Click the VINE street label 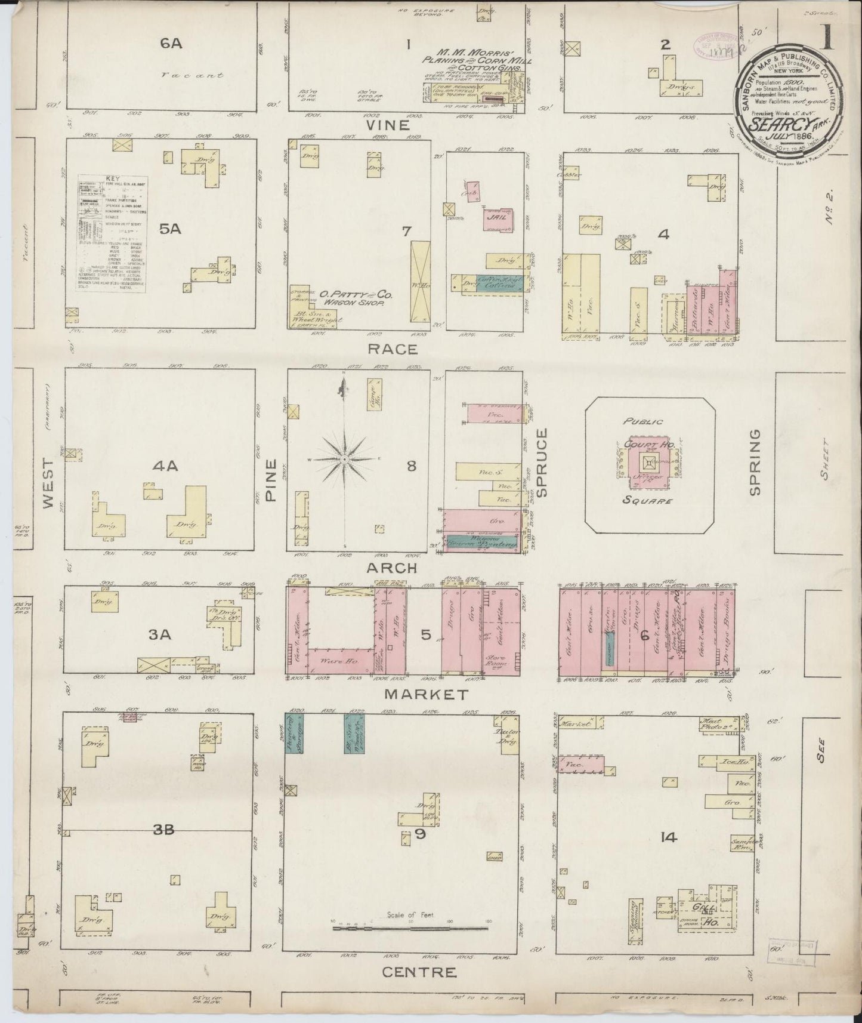pos(388,126)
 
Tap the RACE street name pos(392,350)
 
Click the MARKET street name pos(426,694)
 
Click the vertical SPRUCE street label pos(542,462)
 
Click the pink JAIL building pos(498,219)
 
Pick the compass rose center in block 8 pos(344,459)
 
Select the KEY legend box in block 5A pos(113,233)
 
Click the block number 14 pos(669,837)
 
